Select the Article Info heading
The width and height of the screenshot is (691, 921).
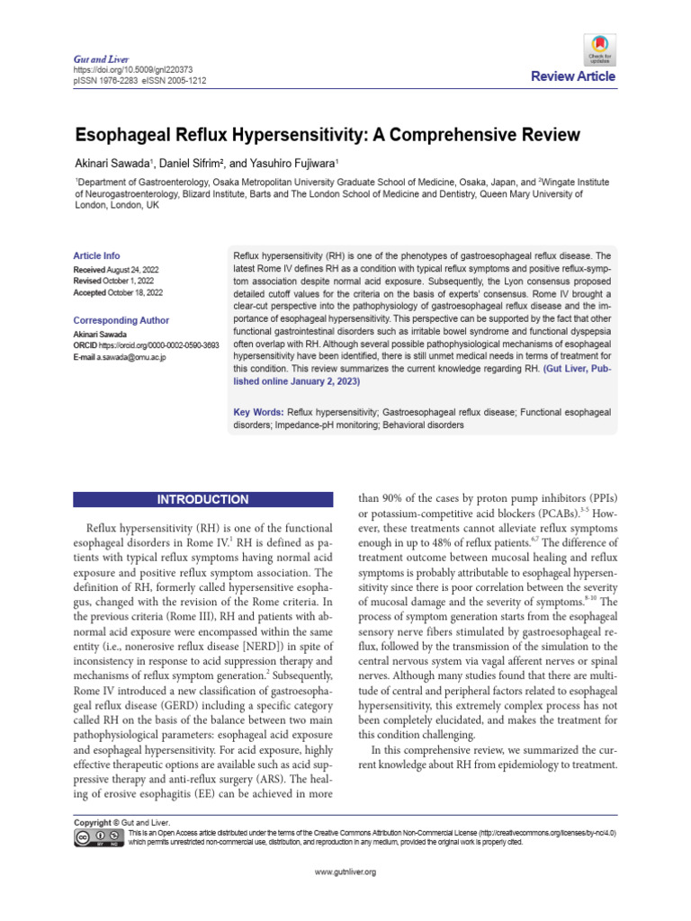coord(96,255)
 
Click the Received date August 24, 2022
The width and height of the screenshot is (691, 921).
coord(130,269)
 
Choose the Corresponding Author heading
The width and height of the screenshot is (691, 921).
coord(121,320)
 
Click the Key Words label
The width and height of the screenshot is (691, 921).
coord(258,411)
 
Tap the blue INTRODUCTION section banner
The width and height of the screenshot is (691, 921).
coord(203,499)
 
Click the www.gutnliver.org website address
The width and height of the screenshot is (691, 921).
coord(345,872)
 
